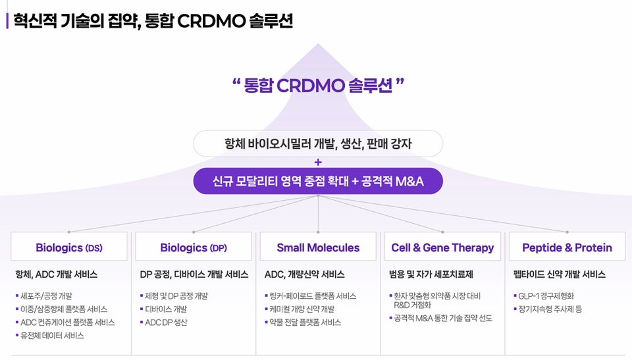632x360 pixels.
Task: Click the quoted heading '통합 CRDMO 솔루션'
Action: (318, 86)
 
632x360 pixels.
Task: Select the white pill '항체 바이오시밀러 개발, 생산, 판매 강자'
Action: (318, 143)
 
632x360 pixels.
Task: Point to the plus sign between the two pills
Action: (318, 162)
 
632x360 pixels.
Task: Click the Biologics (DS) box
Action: (69, 247)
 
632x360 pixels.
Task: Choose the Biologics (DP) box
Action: (194, 247)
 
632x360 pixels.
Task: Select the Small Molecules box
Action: (318, 247)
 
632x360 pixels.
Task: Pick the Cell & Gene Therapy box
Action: (442, 247)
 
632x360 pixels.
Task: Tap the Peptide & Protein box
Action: (567, 247)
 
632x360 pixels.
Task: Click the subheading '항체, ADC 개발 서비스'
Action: (57, 274)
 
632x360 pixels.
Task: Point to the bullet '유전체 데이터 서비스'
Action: (52, 336)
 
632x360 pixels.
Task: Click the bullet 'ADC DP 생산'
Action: (166, 322)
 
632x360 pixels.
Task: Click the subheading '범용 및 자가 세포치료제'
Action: (431, 274)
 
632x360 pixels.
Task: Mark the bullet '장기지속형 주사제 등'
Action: (550, 309)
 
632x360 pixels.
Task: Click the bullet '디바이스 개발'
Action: (166, 309)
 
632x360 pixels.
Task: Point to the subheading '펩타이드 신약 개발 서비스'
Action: (560, 274)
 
